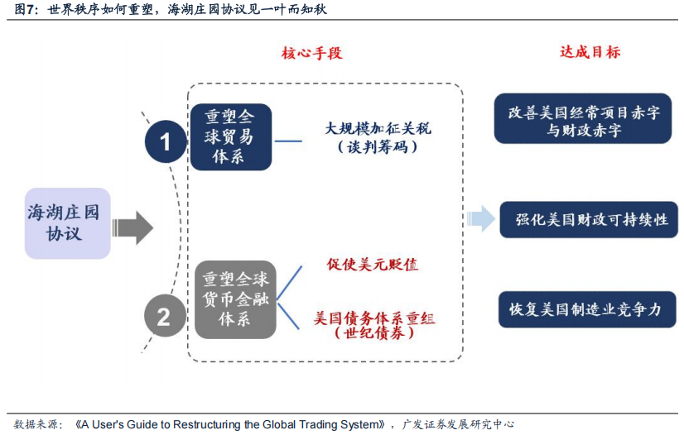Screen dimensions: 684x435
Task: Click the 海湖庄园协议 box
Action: pos(68,223)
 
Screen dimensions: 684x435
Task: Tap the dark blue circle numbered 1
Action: pos(166,141)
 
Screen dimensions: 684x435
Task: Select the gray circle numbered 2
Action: pos(165,316)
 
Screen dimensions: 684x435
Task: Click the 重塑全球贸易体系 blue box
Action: pos(231,136)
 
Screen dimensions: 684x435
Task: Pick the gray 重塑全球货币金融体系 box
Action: pos(235,299)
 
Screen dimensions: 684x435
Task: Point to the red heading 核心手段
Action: pos(312,53)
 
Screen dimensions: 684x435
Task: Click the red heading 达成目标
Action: pos(590,52)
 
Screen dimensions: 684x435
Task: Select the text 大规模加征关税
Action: pos(378,128)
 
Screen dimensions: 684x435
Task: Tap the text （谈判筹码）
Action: pos(378,146)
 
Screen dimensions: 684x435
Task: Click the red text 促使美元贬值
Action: pos(373,265)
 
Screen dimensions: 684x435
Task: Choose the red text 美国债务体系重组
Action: pos(374,318)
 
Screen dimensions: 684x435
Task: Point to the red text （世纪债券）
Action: pos(374,333)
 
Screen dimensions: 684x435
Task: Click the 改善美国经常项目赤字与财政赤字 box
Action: pos(583,118)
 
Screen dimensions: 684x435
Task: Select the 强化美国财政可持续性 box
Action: pos(589,219)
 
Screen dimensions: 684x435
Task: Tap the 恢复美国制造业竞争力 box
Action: pos(587,309)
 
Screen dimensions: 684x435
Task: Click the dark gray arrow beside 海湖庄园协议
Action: pos(132,227)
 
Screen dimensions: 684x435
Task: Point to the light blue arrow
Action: pos(481,218)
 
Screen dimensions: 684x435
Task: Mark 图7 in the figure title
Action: pos(24,9)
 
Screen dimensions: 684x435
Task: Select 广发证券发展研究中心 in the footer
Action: pos(458,424)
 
